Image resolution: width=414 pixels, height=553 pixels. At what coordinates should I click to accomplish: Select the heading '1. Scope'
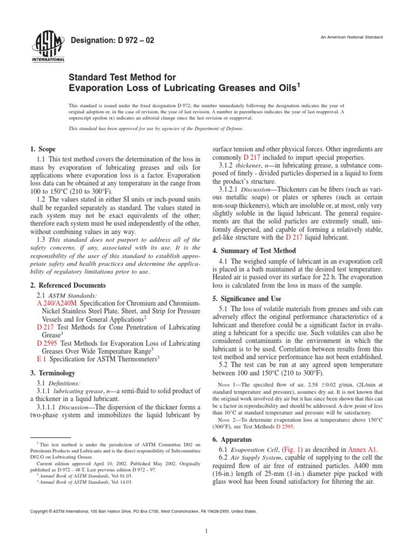point(43,149)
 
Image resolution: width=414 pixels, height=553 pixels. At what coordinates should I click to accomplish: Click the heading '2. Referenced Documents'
point(67,285)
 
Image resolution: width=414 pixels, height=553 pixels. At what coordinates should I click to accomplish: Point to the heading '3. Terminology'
point(52,373)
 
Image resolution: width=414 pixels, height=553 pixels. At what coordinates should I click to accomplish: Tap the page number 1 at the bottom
point(207,531)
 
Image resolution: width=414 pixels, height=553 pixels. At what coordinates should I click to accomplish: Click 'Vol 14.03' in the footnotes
point(121,482)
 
